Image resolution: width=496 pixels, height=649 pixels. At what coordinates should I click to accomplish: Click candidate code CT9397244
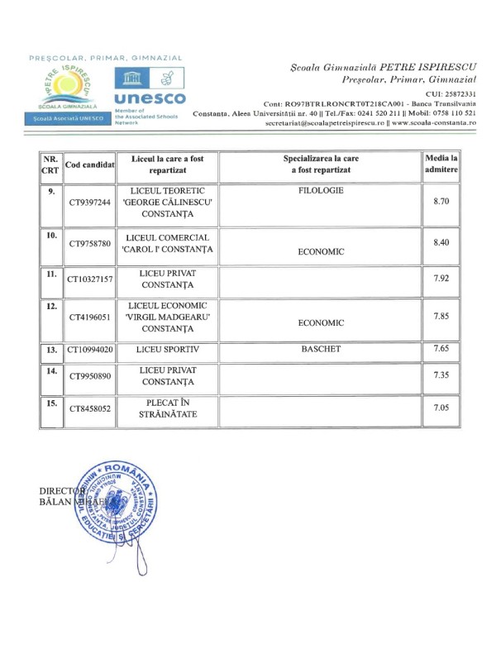coord(90,203)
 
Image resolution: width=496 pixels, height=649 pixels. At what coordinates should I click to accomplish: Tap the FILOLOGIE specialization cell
coord(321,191)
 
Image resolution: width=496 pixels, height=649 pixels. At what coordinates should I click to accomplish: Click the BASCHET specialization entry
coord(321,351)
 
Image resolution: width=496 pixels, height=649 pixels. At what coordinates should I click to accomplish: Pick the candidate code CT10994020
coord(90,351)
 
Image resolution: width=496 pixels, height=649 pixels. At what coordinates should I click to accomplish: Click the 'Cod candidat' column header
coord(90,165)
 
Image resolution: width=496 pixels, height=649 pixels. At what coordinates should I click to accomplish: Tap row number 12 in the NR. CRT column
coord(51,307)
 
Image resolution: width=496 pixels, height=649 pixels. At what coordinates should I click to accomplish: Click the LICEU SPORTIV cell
coord(168,351)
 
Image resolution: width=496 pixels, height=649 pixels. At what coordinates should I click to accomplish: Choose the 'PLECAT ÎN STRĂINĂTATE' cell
coord(168,408)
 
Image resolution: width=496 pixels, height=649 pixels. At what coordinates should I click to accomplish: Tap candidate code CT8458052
coord(90,408)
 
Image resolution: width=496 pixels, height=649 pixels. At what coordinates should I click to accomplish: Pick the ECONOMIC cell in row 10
coord(321,252)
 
